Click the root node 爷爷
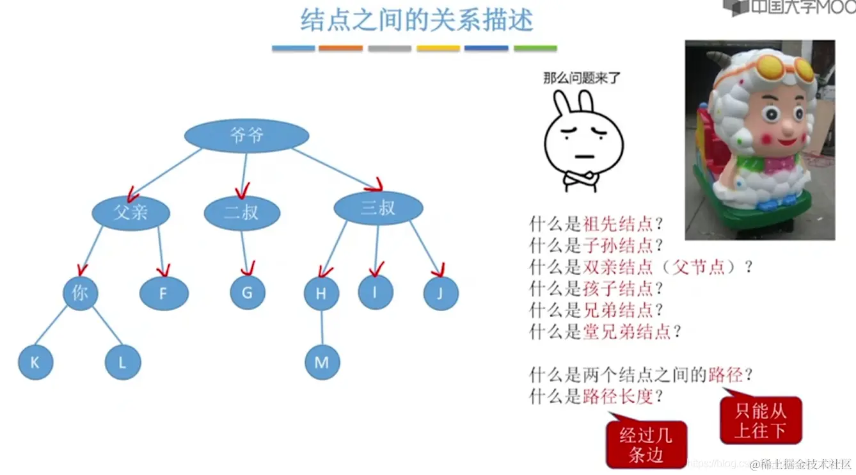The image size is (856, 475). (246, 135)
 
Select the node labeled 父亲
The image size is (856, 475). (131, 212)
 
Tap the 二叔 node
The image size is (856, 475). (242, 213)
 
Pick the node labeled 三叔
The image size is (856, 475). (378, 207)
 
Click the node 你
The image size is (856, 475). (80, 293)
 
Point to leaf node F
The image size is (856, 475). (164, 294)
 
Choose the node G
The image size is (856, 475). (247, 293)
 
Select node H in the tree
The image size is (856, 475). (321, 294)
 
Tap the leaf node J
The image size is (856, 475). (441, 294)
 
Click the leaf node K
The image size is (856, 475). (35, 362)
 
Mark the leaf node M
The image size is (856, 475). (322, 362)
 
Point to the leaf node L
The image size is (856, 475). (122, 362)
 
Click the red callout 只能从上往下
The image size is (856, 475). (760, 421)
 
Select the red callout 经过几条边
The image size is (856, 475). (646, 445)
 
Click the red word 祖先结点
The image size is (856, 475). (618, 224)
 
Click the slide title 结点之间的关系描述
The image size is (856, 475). (416, 20)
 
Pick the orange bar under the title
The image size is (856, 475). (340, 48)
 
